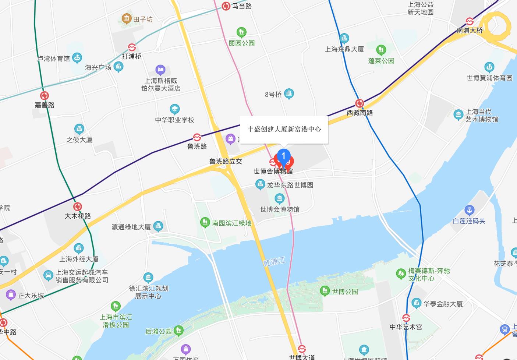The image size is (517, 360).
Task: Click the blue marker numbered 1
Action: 283,156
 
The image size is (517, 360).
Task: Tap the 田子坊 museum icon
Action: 127,18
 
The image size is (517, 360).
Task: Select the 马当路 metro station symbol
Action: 226,6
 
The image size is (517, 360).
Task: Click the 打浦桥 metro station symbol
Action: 132,47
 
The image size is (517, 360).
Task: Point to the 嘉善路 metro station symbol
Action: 45,96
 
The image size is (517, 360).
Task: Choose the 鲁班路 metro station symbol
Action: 197,137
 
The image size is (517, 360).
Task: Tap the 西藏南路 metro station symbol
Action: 360,103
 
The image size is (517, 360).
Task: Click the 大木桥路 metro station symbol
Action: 77,207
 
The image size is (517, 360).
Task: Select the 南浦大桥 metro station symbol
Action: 470,21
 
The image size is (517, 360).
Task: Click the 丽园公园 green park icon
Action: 241,32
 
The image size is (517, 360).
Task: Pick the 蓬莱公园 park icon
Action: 381,49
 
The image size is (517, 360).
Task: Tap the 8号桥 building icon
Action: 289,93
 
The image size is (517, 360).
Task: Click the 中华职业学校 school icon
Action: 174,109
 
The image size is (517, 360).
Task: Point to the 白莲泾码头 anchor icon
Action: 469,210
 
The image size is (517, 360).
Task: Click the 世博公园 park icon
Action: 325,291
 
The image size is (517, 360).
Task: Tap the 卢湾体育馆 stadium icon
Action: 77,57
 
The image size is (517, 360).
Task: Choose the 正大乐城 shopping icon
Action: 11,294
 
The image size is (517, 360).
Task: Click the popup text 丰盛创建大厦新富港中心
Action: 284,129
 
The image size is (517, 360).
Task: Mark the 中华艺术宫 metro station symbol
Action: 406,318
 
